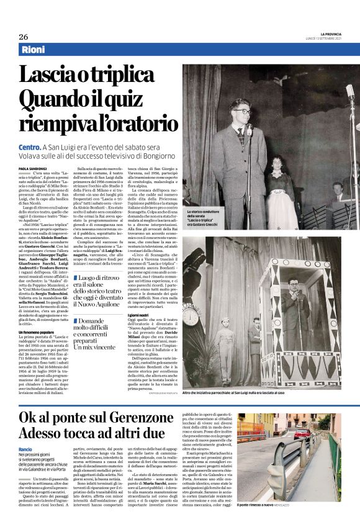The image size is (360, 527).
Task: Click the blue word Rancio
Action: point(26,448)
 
